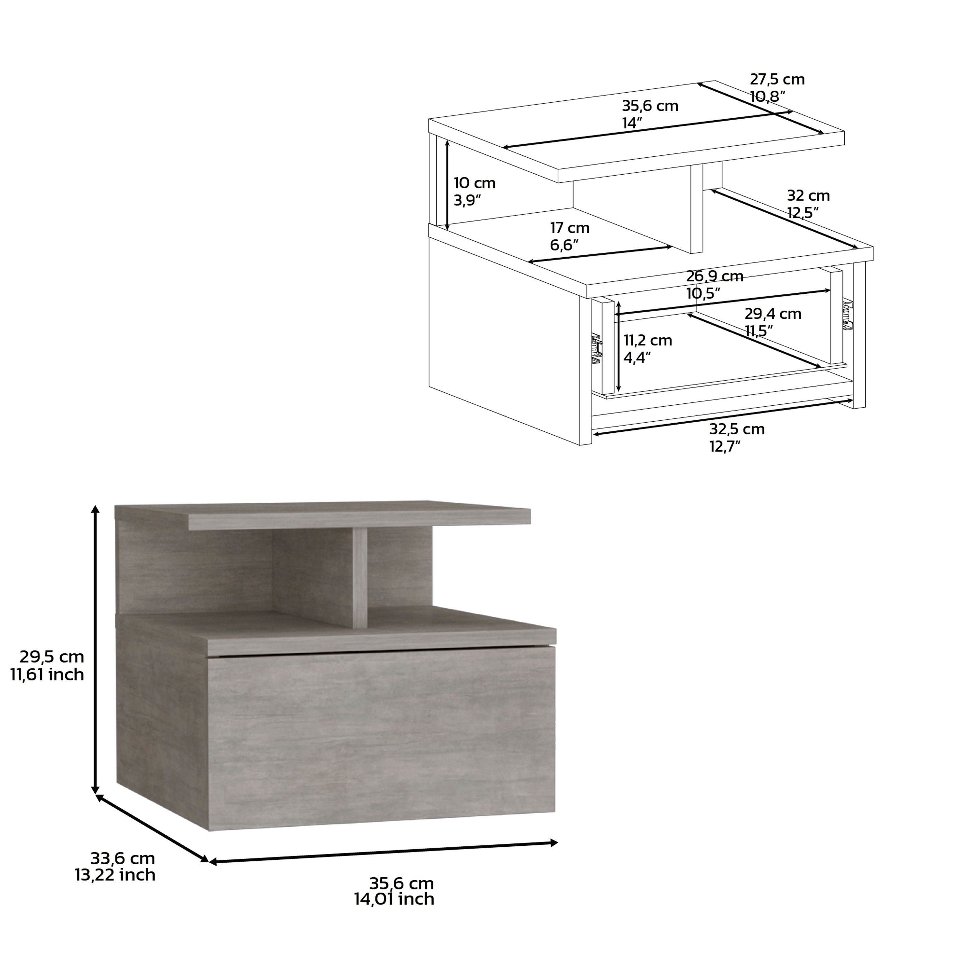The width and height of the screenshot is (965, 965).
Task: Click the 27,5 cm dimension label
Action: click(777, 80)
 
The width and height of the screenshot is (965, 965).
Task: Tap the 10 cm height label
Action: click(474, 183)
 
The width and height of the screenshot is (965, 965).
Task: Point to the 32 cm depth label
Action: click(808, 195)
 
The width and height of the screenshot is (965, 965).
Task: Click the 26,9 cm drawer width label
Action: click(714, 276)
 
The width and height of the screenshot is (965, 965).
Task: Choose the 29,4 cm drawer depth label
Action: click(772, 314)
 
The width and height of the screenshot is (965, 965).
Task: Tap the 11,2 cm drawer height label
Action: click(647, 341)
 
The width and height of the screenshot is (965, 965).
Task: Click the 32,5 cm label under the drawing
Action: click(737, 429)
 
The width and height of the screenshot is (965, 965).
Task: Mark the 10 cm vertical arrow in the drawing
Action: click(447, 185)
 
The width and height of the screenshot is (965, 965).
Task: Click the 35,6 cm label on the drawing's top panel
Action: click(649, 106)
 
